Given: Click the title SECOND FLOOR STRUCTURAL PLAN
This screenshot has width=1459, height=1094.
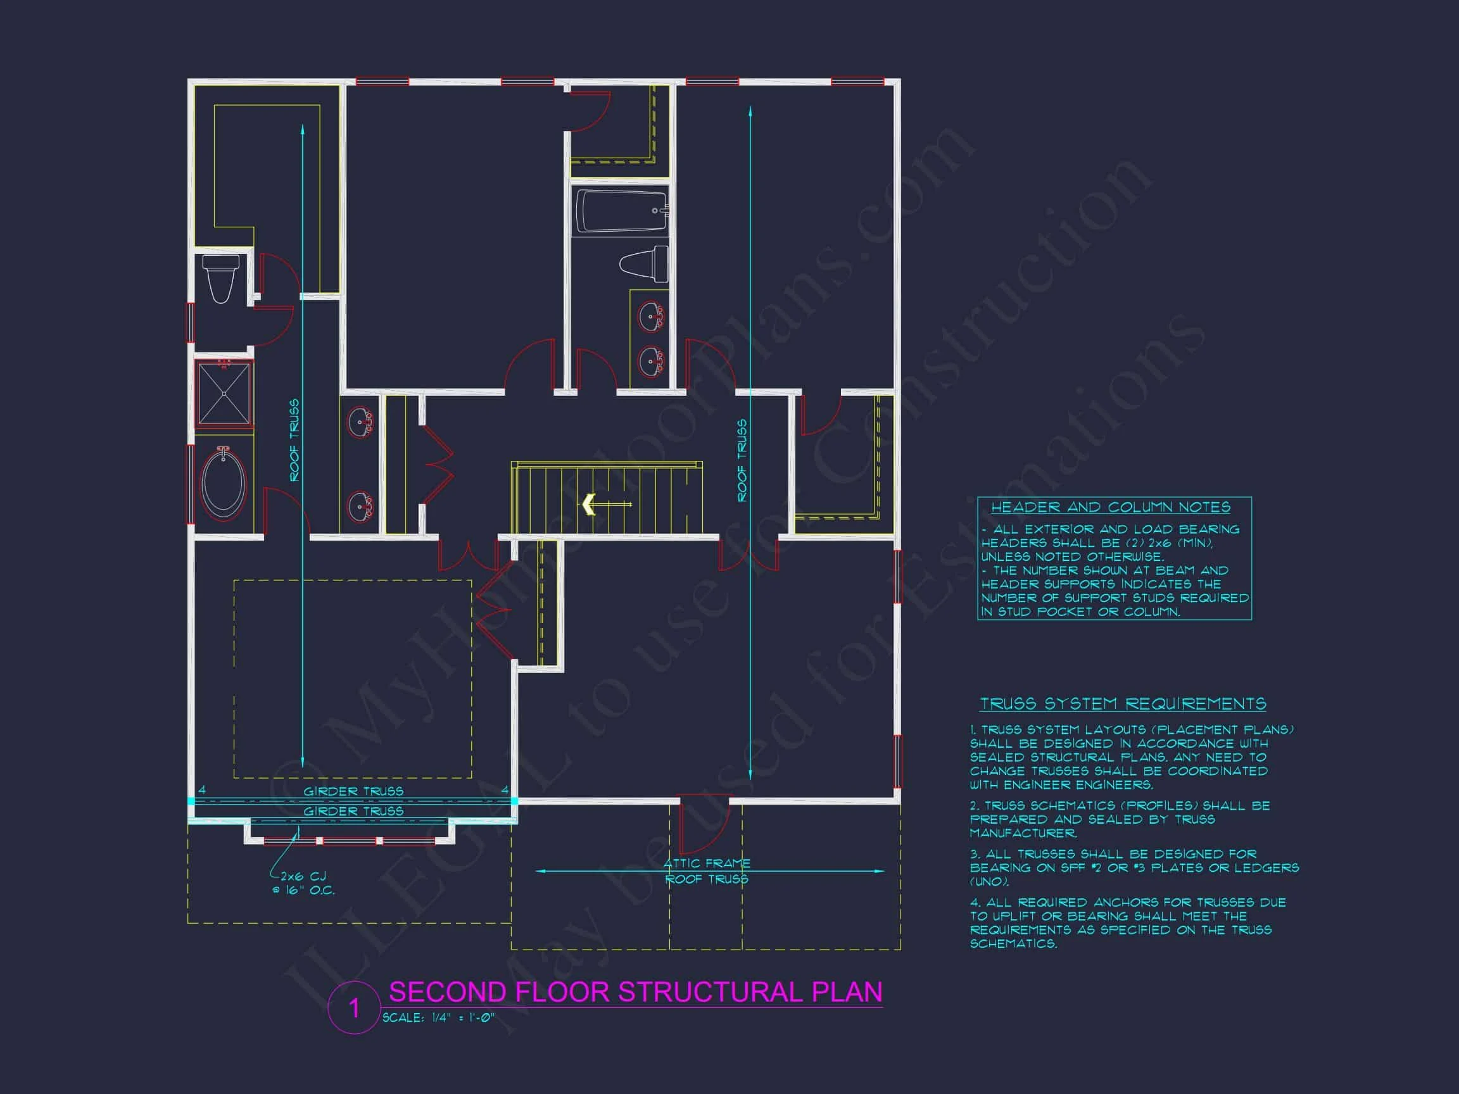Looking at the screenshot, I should pos(635,992).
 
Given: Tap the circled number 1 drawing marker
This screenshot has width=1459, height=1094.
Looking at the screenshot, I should pos(354,1008).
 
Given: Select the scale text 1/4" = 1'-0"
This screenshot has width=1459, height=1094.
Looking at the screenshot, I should pos(438,1017).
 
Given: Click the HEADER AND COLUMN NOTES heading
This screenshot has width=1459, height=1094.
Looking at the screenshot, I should pos(1110,507).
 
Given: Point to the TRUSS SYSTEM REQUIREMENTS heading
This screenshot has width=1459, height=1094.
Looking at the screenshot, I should pos(1123,704).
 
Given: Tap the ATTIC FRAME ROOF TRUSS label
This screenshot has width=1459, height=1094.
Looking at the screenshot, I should pos(707,871).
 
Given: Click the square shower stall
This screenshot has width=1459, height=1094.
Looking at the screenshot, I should pos(224,394).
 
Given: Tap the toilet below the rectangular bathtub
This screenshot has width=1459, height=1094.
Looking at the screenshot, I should pos(645,264).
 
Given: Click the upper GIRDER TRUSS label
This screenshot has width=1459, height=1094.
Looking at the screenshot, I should pos(353,791).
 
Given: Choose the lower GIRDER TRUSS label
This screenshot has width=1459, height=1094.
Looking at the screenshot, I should pos(353,811).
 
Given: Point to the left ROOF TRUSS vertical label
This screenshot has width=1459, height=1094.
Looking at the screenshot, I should pos(294,439).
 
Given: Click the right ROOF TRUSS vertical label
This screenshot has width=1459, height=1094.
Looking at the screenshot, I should pos(742,460).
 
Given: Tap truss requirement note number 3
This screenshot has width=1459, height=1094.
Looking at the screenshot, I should pos(1133,867).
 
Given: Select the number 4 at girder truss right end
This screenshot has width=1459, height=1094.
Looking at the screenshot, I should pos(505,789).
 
